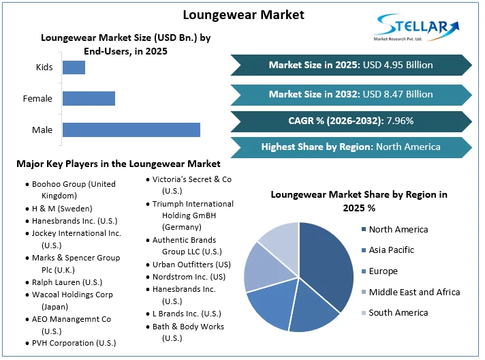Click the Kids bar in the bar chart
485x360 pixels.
pyautogui.click(x=74, y=67)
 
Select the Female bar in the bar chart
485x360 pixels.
pyautogui.click(x=89, y=98)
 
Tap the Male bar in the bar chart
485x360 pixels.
pyautogui.click(x=131, y=130)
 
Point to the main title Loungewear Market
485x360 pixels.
pyautogui.click(x=243, y=14)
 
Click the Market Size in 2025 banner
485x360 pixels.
pyautogui.click(x=351, y=65)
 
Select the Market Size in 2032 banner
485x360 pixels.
pyautogui.click(x=351, y=94)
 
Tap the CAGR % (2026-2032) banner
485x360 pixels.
pyautogui.click(x=351, y=121)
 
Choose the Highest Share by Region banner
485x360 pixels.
pyautogui.click(x=351, y=147)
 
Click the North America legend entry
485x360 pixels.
pyautogui.click(x=398, y=230)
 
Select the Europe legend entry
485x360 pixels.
pyautogui.click(x=383, y=271)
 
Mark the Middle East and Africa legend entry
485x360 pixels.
pyautogui.click(x=414, y=292)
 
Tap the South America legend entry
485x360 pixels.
pyautogui.click(x=398, y=312)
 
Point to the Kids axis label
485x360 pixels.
pyautogui.click(x=44, y=67)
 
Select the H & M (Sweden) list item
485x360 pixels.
pyautogui.click(x=62, y=209)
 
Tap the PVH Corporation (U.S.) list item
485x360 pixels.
pyautogui.click(x=74, y=343)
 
